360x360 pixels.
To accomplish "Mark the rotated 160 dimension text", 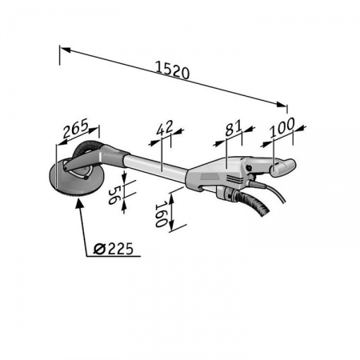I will [x=161, y=214].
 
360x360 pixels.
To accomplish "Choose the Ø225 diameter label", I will [x=115, y=249].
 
